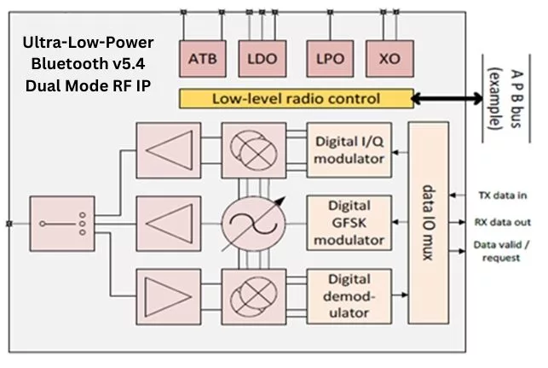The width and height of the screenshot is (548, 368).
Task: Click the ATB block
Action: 201,60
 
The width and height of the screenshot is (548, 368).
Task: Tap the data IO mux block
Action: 430,224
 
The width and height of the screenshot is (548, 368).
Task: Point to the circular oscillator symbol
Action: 249,225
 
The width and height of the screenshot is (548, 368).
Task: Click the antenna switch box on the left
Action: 60,225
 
